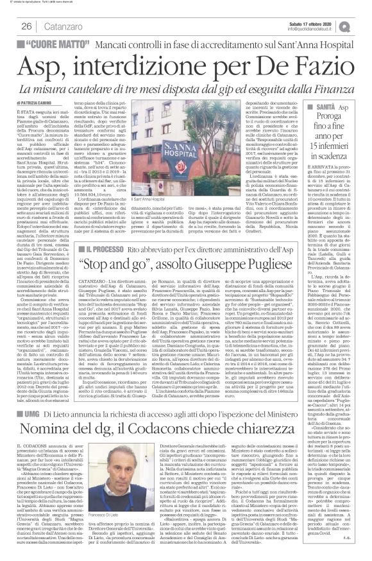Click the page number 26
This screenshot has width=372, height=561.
coord(27,26)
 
